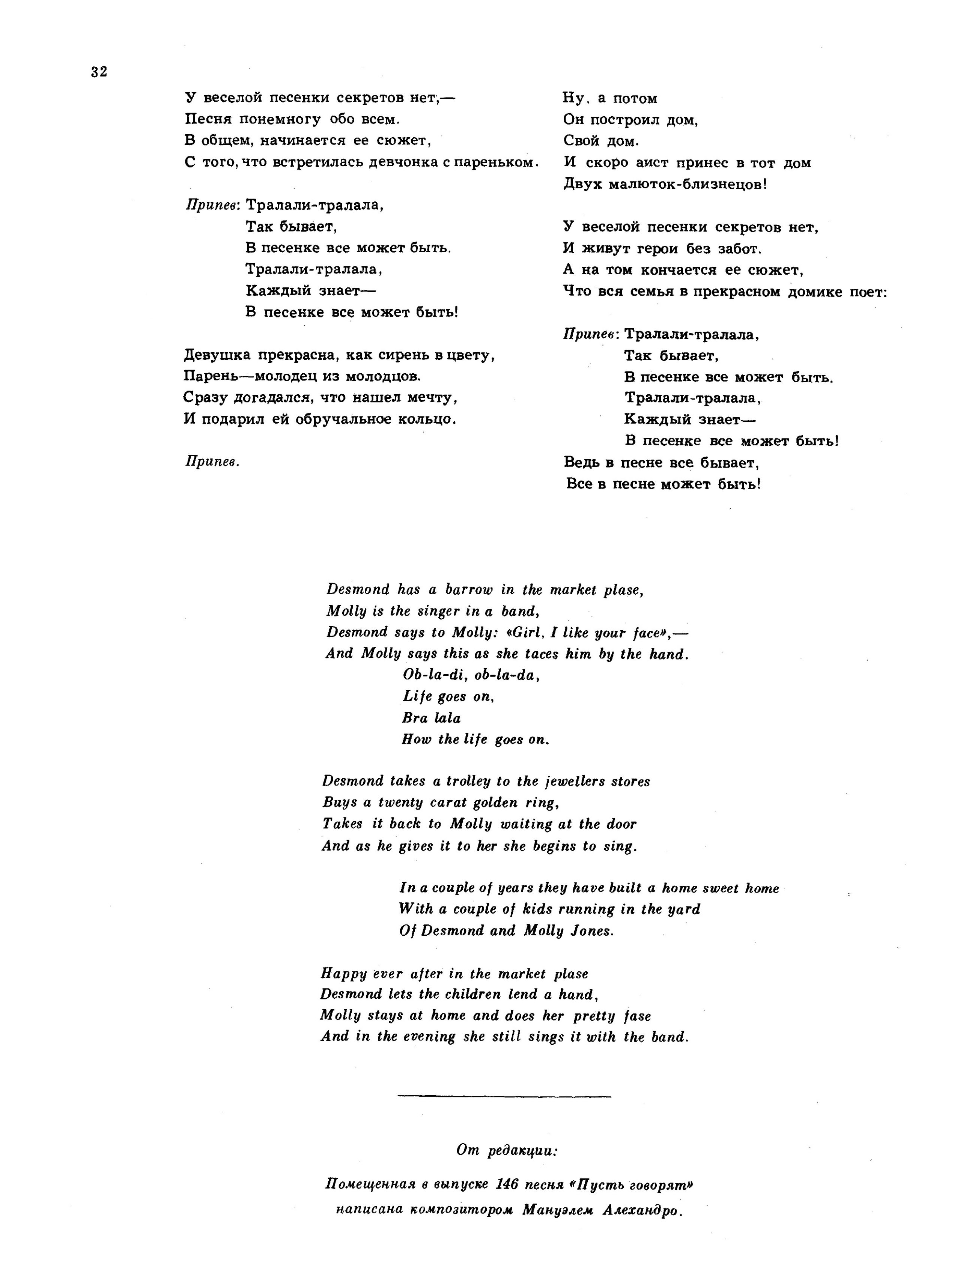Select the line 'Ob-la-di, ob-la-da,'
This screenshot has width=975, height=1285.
(x=471, y=675)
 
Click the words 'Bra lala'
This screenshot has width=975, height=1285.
(x=431, y=718)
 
